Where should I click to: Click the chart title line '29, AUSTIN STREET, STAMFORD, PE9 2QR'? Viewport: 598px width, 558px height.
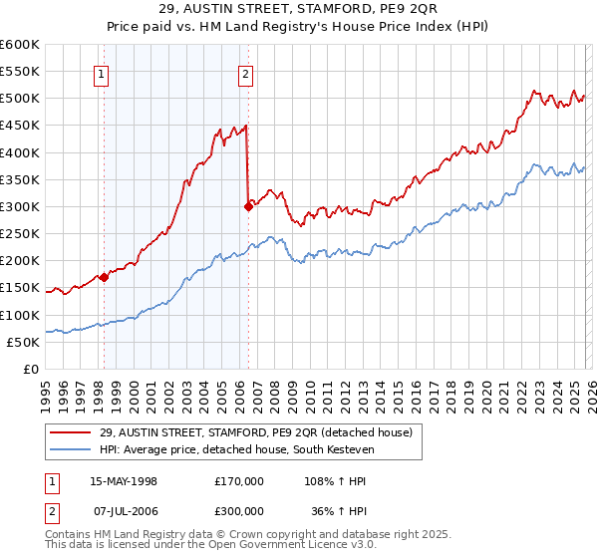point(298,12)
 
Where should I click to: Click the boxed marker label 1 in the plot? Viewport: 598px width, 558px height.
point(103,73)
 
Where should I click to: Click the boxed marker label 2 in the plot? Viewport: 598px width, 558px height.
point(245,73)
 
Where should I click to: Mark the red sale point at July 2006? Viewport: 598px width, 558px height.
point(248,207)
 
